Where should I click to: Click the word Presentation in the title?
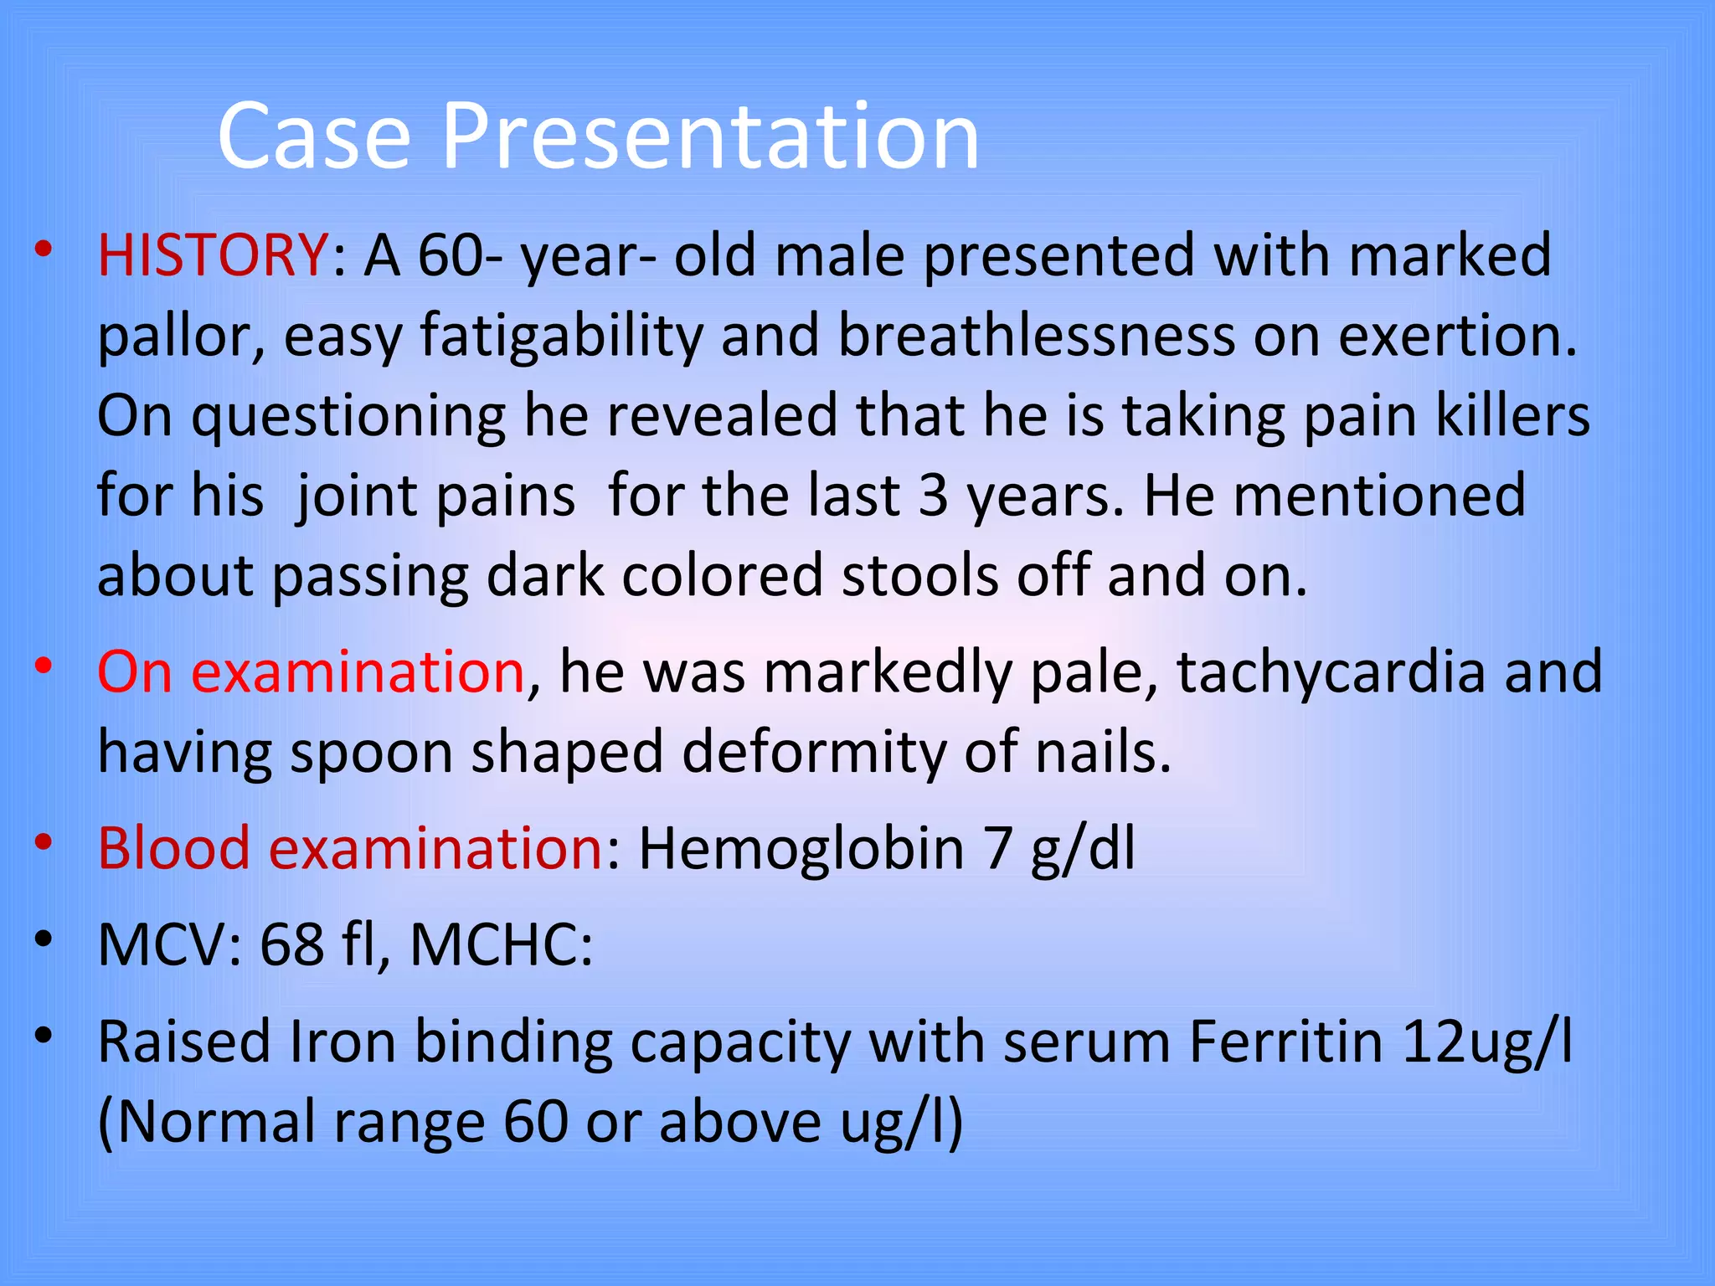point(710,136)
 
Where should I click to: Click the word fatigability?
point(561,335)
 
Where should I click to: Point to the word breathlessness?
point(1037,335)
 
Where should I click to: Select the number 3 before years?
point(933,496)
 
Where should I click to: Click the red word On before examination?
point(135,671)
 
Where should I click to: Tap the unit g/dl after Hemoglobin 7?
point(1083,849)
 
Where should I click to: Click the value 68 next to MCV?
point(291,944)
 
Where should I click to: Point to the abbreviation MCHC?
point(501,944)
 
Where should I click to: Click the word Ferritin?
point(1285,1042)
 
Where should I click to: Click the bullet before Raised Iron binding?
point(44,1037)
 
